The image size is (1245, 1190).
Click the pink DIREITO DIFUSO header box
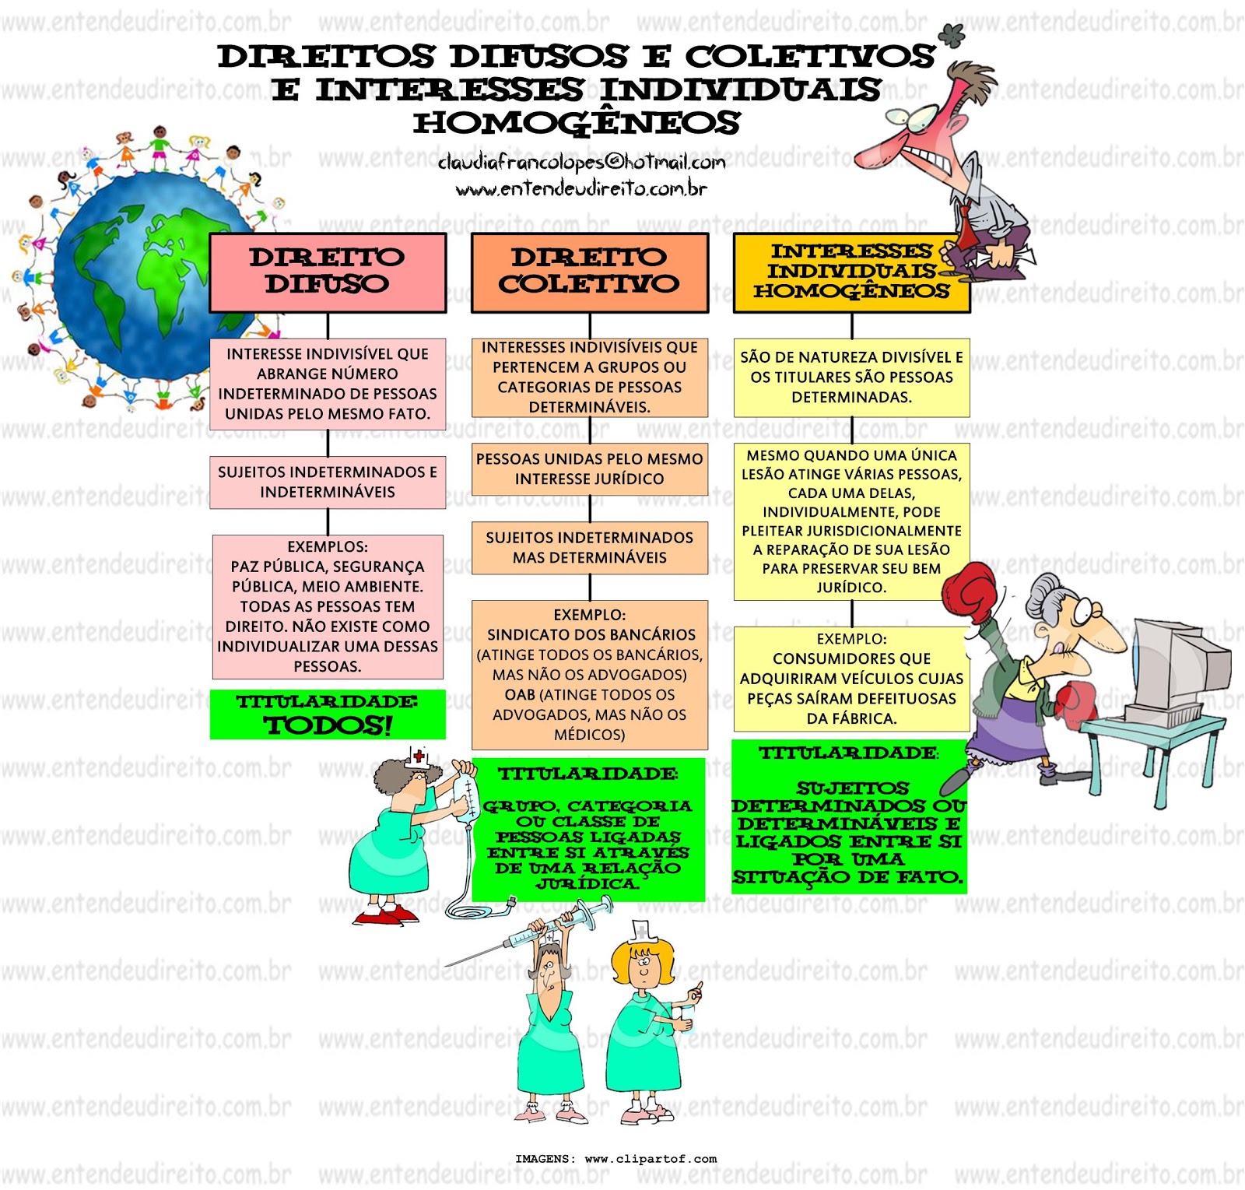coord(328,273)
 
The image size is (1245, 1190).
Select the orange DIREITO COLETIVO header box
coord(590,273)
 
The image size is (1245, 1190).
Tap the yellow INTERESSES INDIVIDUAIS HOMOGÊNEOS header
coord(851,273)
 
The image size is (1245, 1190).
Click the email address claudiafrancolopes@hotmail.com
coord(581,162)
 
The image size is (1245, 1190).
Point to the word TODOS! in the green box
coord(328,725)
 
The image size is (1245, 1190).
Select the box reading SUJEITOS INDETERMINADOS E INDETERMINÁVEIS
coord(328,483)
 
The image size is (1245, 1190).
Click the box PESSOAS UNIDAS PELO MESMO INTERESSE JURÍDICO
coord(590,469)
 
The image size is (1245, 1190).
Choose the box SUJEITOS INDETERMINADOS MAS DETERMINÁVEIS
coord(590,548)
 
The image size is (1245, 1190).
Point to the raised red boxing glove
coord(970,592)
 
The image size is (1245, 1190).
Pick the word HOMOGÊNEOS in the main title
coord(577,123)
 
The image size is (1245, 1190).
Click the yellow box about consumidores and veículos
coord(851,679)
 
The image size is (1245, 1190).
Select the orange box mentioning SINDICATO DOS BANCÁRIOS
coord(590,675)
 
